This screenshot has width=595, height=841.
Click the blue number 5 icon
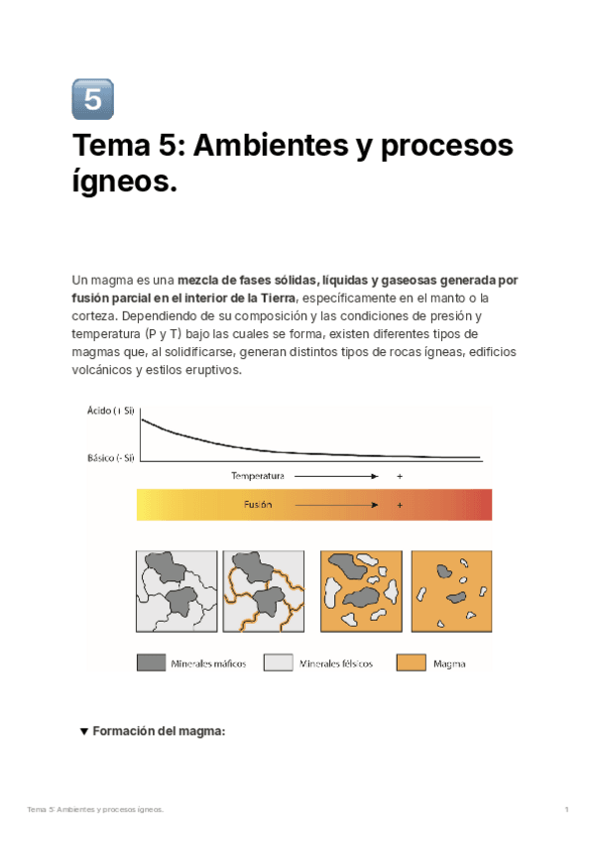pyautogui.click(x=93, y=99)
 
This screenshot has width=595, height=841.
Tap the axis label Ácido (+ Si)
pyautogui.click(x=110, y=410)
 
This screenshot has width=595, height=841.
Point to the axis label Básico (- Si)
pyautogui.click(x=111, y=457)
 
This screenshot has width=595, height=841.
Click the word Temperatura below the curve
pyautogui.click(x=258, y=476)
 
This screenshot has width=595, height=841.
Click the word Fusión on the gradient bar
pyautogui.click(x=258, y=505)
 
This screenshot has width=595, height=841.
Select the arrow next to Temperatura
pyautogui.click(x=337, y=476)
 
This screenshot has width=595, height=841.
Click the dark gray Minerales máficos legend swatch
pyautogui.click(x=151, y=662)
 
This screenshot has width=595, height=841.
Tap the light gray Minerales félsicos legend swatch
pyautogui.click(x=278, y=662)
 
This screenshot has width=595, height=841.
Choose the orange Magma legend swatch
pyautogui.click(x=411, y=662)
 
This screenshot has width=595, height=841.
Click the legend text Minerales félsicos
pyautogui.click(x=336, y=663)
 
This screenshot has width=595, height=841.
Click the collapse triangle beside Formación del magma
pyautogui.click(x=83, y=732)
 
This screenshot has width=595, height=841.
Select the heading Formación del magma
pyautogui.click(x=160, y=732)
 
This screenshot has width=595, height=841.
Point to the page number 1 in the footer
pyautogui.click(x=566, y=810)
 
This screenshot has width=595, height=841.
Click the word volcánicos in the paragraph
pyautogui.click(x=104, y=370)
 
